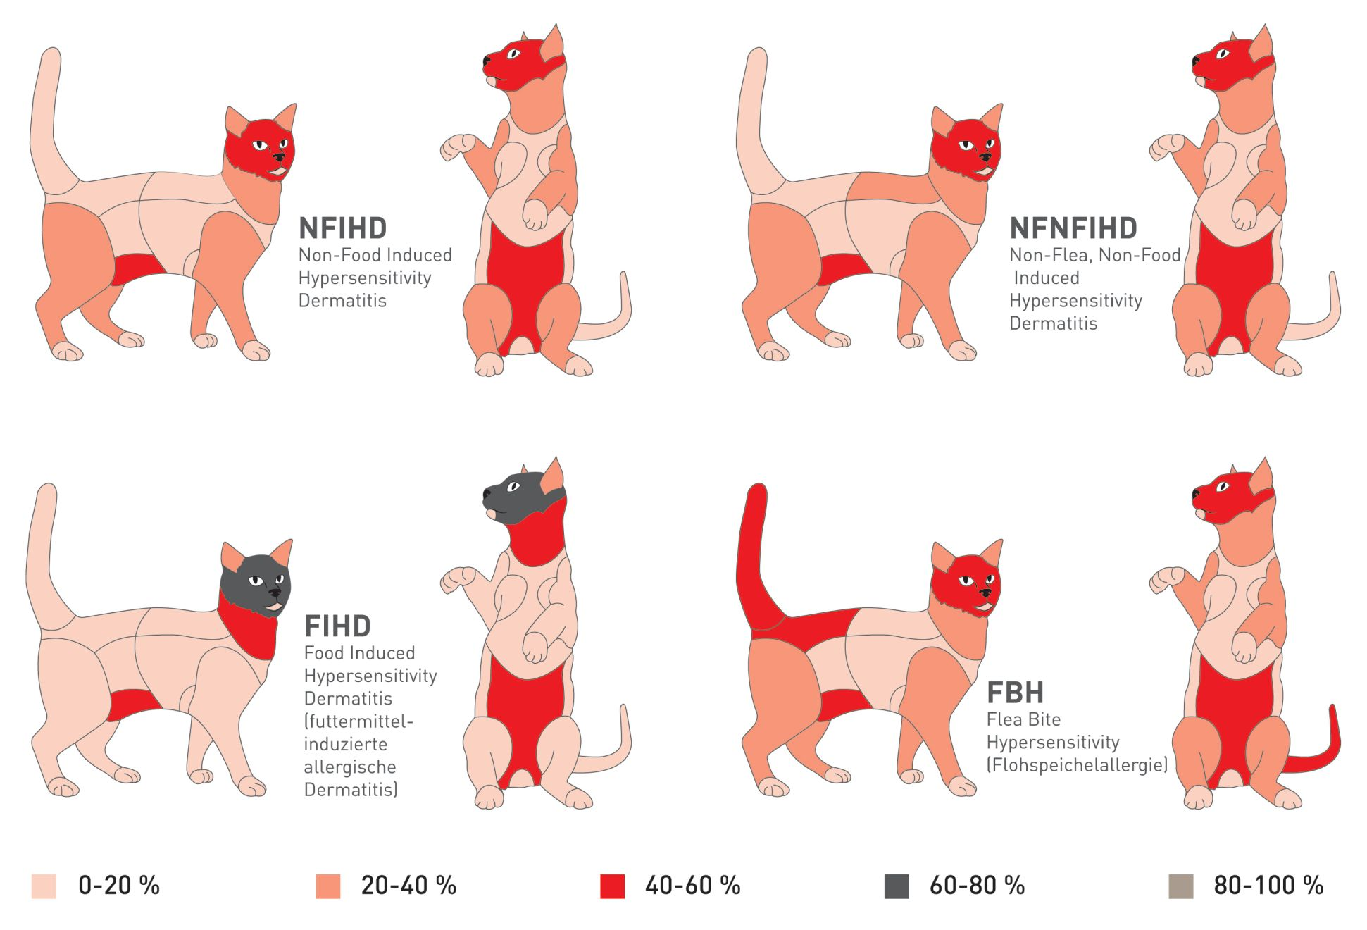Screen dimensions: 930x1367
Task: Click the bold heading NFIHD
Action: coord(342,228)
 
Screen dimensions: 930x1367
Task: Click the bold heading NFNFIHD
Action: coord(1073,228)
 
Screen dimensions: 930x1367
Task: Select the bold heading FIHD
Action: coord(337,626)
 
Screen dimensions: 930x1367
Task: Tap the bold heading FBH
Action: coord(1015,693)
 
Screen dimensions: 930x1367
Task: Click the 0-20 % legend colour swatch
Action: coord(44,886)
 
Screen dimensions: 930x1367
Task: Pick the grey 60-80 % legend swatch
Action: coord(896,886)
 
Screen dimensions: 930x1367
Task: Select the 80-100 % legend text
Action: coord(1268,886)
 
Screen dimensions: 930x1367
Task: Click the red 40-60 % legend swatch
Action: coord(612,886)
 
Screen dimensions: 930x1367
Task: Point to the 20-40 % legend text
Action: coord(408,886)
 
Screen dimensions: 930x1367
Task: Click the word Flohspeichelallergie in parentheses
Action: coord(1077,764)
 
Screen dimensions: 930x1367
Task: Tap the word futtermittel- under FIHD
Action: coord(358,721)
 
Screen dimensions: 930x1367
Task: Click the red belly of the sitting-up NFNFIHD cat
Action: coord(1236,289)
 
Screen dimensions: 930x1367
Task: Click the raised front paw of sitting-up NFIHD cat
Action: coord(456,146)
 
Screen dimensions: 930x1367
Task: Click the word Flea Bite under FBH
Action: coord(1023,719)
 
